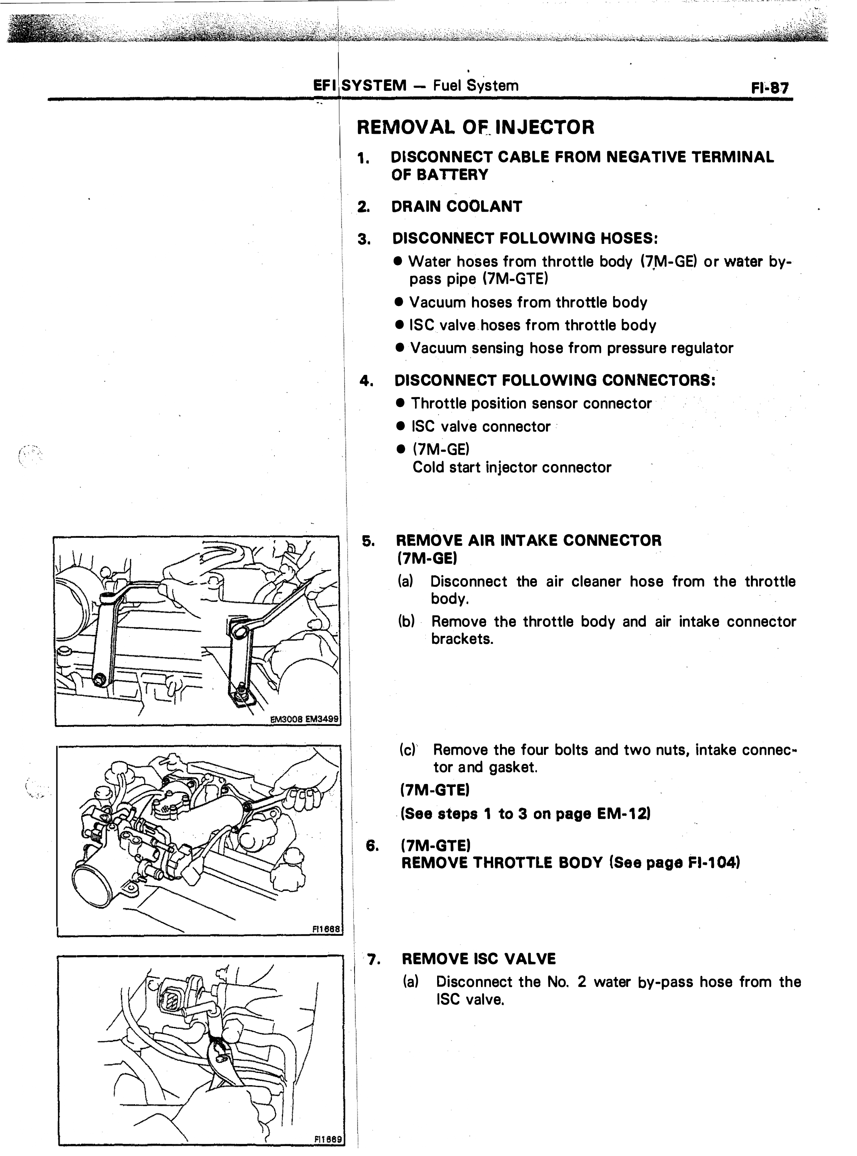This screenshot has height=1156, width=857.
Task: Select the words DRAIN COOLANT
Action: (x=456, y=206)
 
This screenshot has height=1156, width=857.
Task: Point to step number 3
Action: (x=364, y=239)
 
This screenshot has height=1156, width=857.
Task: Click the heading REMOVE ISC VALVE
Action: (x=479, y=958)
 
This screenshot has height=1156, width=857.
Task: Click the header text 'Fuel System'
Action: (x=476, y=86)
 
